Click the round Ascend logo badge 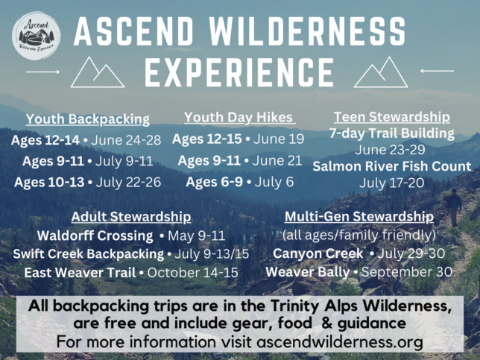tap(36, 36)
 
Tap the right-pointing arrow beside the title tap(43, 72)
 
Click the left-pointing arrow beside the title tap(437, 71)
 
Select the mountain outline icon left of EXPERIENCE tap(98, 72)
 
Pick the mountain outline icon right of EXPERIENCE tap(381, 72)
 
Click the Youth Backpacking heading tap(88, 119)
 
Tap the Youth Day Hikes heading tap(239, 117)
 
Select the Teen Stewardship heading tap(392, 116)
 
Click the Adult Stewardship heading tap(131, 216)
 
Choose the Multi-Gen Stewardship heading tap(359, 216)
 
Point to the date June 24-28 tap(126, 140)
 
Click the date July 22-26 tap(128, 182)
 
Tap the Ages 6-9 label tap(215, 182)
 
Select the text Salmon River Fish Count tap(392, 166)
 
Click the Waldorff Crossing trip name tap(95, 236)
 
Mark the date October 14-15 tap(192, 273)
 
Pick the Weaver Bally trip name tap(308, 272)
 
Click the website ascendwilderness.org tap(340, 342)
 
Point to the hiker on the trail tap(455, 207)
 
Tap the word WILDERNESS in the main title tap(307, 31)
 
